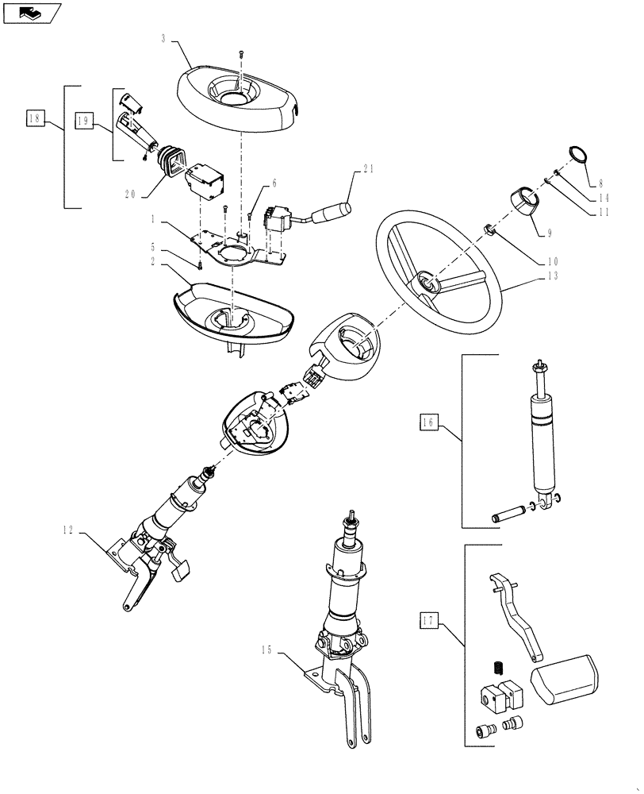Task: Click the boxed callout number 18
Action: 33,119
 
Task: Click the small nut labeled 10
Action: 490,230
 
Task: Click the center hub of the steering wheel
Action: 428,282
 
